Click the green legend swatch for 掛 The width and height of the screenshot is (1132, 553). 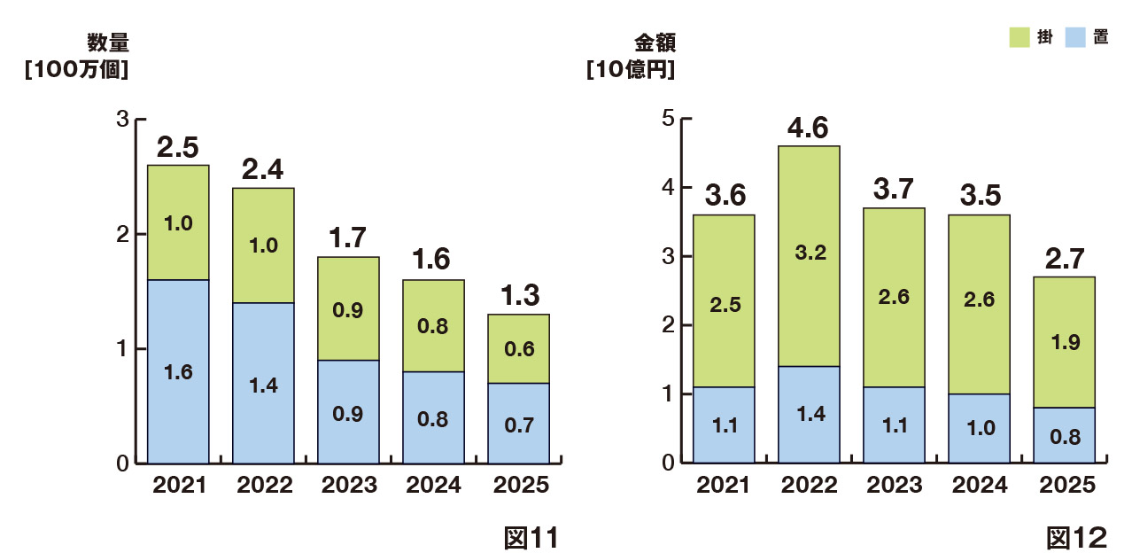point(1019,37)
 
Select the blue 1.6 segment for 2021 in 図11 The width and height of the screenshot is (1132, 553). point(178,371)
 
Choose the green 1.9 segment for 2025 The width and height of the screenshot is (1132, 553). point(1064,342)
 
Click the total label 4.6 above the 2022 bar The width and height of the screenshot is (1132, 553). point(809,129)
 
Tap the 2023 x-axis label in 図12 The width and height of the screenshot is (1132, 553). point(894,486)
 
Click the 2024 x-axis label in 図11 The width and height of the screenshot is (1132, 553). point(434,486)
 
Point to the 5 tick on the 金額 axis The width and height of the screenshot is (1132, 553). point(669,118)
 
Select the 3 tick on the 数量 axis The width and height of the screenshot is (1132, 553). point(122,119)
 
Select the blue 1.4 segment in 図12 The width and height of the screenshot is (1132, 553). point(810,414)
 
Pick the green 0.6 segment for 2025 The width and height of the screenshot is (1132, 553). point(518,348)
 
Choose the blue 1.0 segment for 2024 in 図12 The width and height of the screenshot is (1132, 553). point(979,427)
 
